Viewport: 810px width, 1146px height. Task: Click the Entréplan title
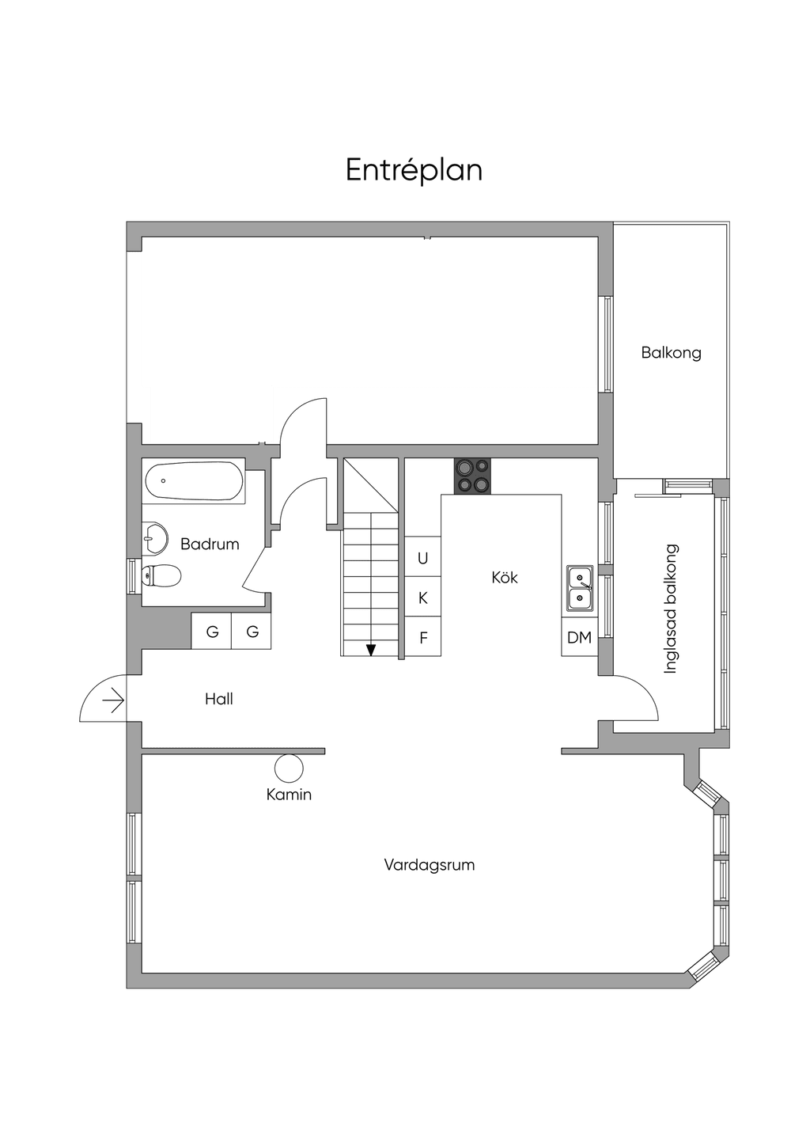(414, 170)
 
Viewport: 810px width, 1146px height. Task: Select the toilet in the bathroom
(161, 577)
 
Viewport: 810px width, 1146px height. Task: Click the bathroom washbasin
(154, 537)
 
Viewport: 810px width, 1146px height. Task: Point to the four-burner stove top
(472, 476)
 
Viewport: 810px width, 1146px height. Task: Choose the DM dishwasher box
(579, 637)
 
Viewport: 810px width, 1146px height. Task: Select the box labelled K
(423, 597)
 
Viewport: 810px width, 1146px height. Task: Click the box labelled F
(423, 636)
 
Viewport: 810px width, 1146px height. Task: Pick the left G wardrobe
(212, 632)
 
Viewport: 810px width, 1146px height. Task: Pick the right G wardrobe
(252, 632)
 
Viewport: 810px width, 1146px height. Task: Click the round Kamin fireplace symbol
(289, 768)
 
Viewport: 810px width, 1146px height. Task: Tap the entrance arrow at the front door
(114, 700)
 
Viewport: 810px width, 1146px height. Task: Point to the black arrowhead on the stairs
(371, 650)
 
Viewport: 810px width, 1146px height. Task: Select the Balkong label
(671, 352)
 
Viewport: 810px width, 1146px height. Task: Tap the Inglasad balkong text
(670, 609)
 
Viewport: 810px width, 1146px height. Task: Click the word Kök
(504, 578)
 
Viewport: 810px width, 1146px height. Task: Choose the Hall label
(219, 699)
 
